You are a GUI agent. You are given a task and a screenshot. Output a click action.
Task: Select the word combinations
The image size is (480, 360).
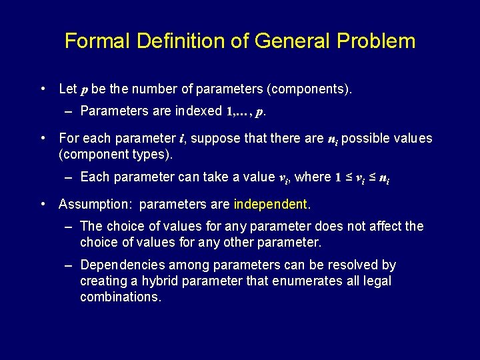pyautogui.click(x=120, y=297)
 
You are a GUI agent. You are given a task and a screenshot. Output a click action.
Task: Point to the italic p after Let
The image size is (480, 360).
pyautogui.click(x=83, y=89)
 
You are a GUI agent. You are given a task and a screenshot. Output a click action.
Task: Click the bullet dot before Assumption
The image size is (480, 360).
pyautogui.click(x=43, y=203)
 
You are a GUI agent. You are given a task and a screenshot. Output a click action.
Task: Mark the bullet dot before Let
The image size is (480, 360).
pyautogui.click(x=43, y=87)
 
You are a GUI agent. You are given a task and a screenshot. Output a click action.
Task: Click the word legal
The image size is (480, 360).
pyautogui.click(x=378, y=281)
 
